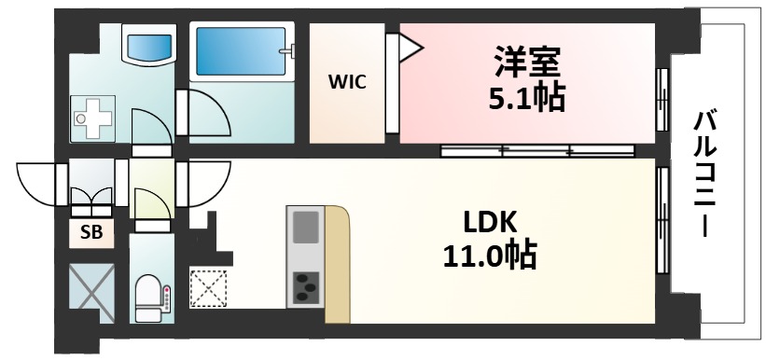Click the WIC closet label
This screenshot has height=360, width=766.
pyautogui.click(x=346, y=81)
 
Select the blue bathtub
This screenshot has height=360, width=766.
pyautogui.click(x=242, y=53)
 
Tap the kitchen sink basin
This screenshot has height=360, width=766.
pyautogui.click(x=305, y=227)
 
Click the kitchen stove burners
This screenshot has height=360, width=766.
pyautogui.click(x=305, y=286)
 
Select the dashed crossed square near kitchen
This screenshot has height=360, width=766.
pyautogui.click(x=208, y=286)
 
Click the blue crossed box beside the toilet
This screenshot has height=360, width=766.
pyautogui.click(x=91, y=293)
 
